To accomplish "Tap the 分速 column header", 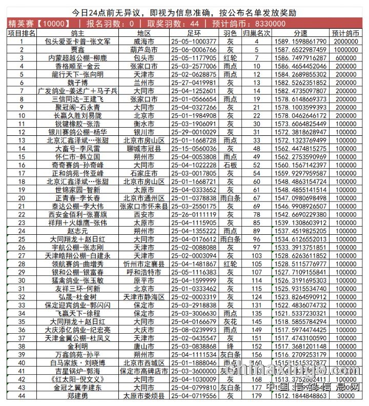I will coord(301,33).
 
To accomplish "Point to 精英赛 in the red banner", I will coord(23,24).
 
